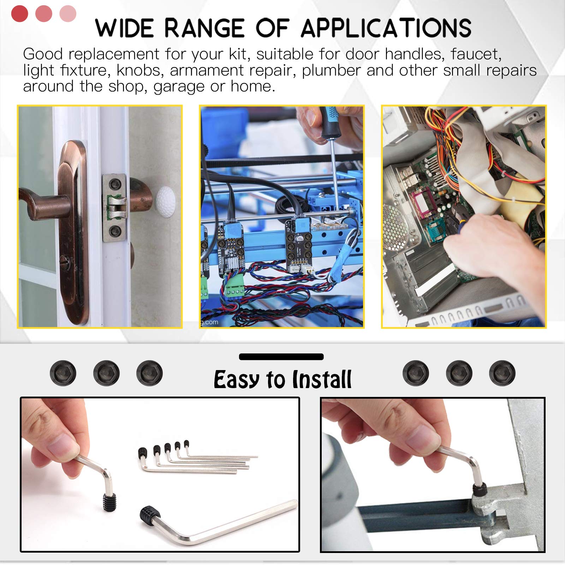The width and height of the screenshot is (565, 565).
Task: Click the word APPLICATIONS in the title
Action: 386,28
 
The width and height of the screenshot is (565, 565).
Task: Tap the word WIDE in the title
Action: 124,28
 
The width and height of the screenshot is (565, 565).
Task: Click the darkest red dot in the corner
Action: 20,14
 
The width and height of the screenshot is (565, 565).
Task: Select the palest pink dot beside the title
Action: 68,14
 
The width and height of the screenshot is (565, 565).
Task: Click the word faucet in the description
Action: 476,54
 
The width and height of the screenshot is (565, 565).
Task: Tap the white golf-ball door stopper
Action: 166,200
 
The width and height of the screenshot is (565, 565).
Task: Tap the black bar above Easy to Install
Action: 281,357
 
